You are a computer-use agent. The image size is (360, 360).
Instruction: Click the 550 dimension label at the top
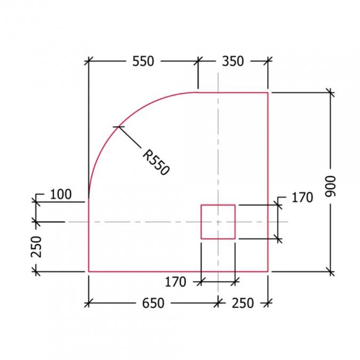coord(142,61)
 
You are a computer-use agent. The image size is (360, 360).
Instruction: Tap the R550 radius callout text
coord(156,163)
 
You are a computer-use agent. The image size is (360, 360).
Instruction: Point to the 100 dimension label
coord(60,194)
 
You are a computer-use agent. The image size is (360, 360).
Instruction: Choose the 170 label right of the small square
coord(302,197)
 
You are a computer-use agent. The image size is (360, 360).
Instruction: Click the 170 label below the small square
coord(175,281)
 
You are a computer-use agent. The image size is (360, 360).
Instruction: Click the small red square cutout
coord(218,221)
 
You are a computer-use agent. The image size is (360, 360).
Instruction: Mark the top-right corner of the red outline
coord(267,92)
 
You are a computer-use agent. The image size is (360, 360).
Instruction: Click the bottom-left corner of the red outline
coord(89,271)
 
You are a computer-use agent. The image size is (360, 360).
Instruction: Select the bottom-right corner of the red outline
coord(267,271)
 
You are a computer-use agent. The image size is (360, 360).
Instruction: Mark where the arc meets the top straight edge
coord(198,92)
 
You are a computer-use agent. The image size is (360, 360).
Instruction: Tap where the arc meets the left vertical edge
coord(89,199)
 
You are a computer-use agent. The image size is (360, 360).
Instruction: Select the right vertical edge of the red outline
coord(267,160)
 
